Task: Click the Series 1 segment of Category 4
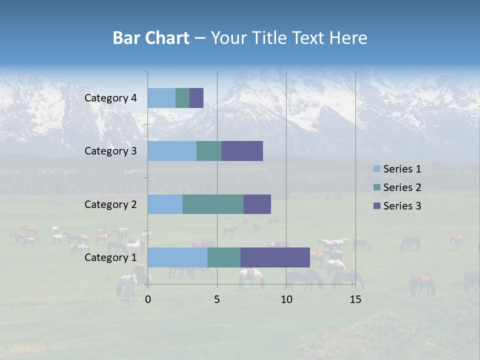click(x=161, y=98)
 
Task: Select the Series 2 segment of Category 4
click(x=182, y=98)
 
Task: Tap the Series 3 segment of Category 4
click(x=196, y=98)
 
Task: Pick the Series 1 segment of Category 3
click(x=172, y=151)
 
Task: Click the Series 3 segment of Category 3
click(x=242, y=151)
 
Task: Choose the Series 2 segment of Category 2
click(x=213, y=204)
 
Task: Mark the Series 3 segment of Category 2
click(x=257, y=204)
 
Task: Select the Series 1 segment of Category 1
click(x=177, y=257)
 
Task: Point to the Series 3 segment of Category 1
click(x=275, y=257)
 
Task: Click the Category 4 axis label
click(x=110, y=98)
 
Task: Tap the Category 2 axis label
click(x=110, y=204)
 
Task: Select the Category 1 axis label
click(x=110, y=257)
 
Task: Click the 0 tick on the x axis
click(x=148, y=299)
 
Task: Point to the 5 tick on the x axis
click(x=217, y=299)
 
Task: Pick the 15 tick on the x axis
click(x=355, y=299)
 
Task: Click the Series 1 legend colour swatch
click(x=377, y=169)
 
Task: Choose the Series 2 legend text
click(x=402, y=187)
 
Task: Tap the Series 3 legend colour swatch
click(x=377, y=206)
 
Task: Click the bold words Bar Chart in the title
click(x=151, y=38)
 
